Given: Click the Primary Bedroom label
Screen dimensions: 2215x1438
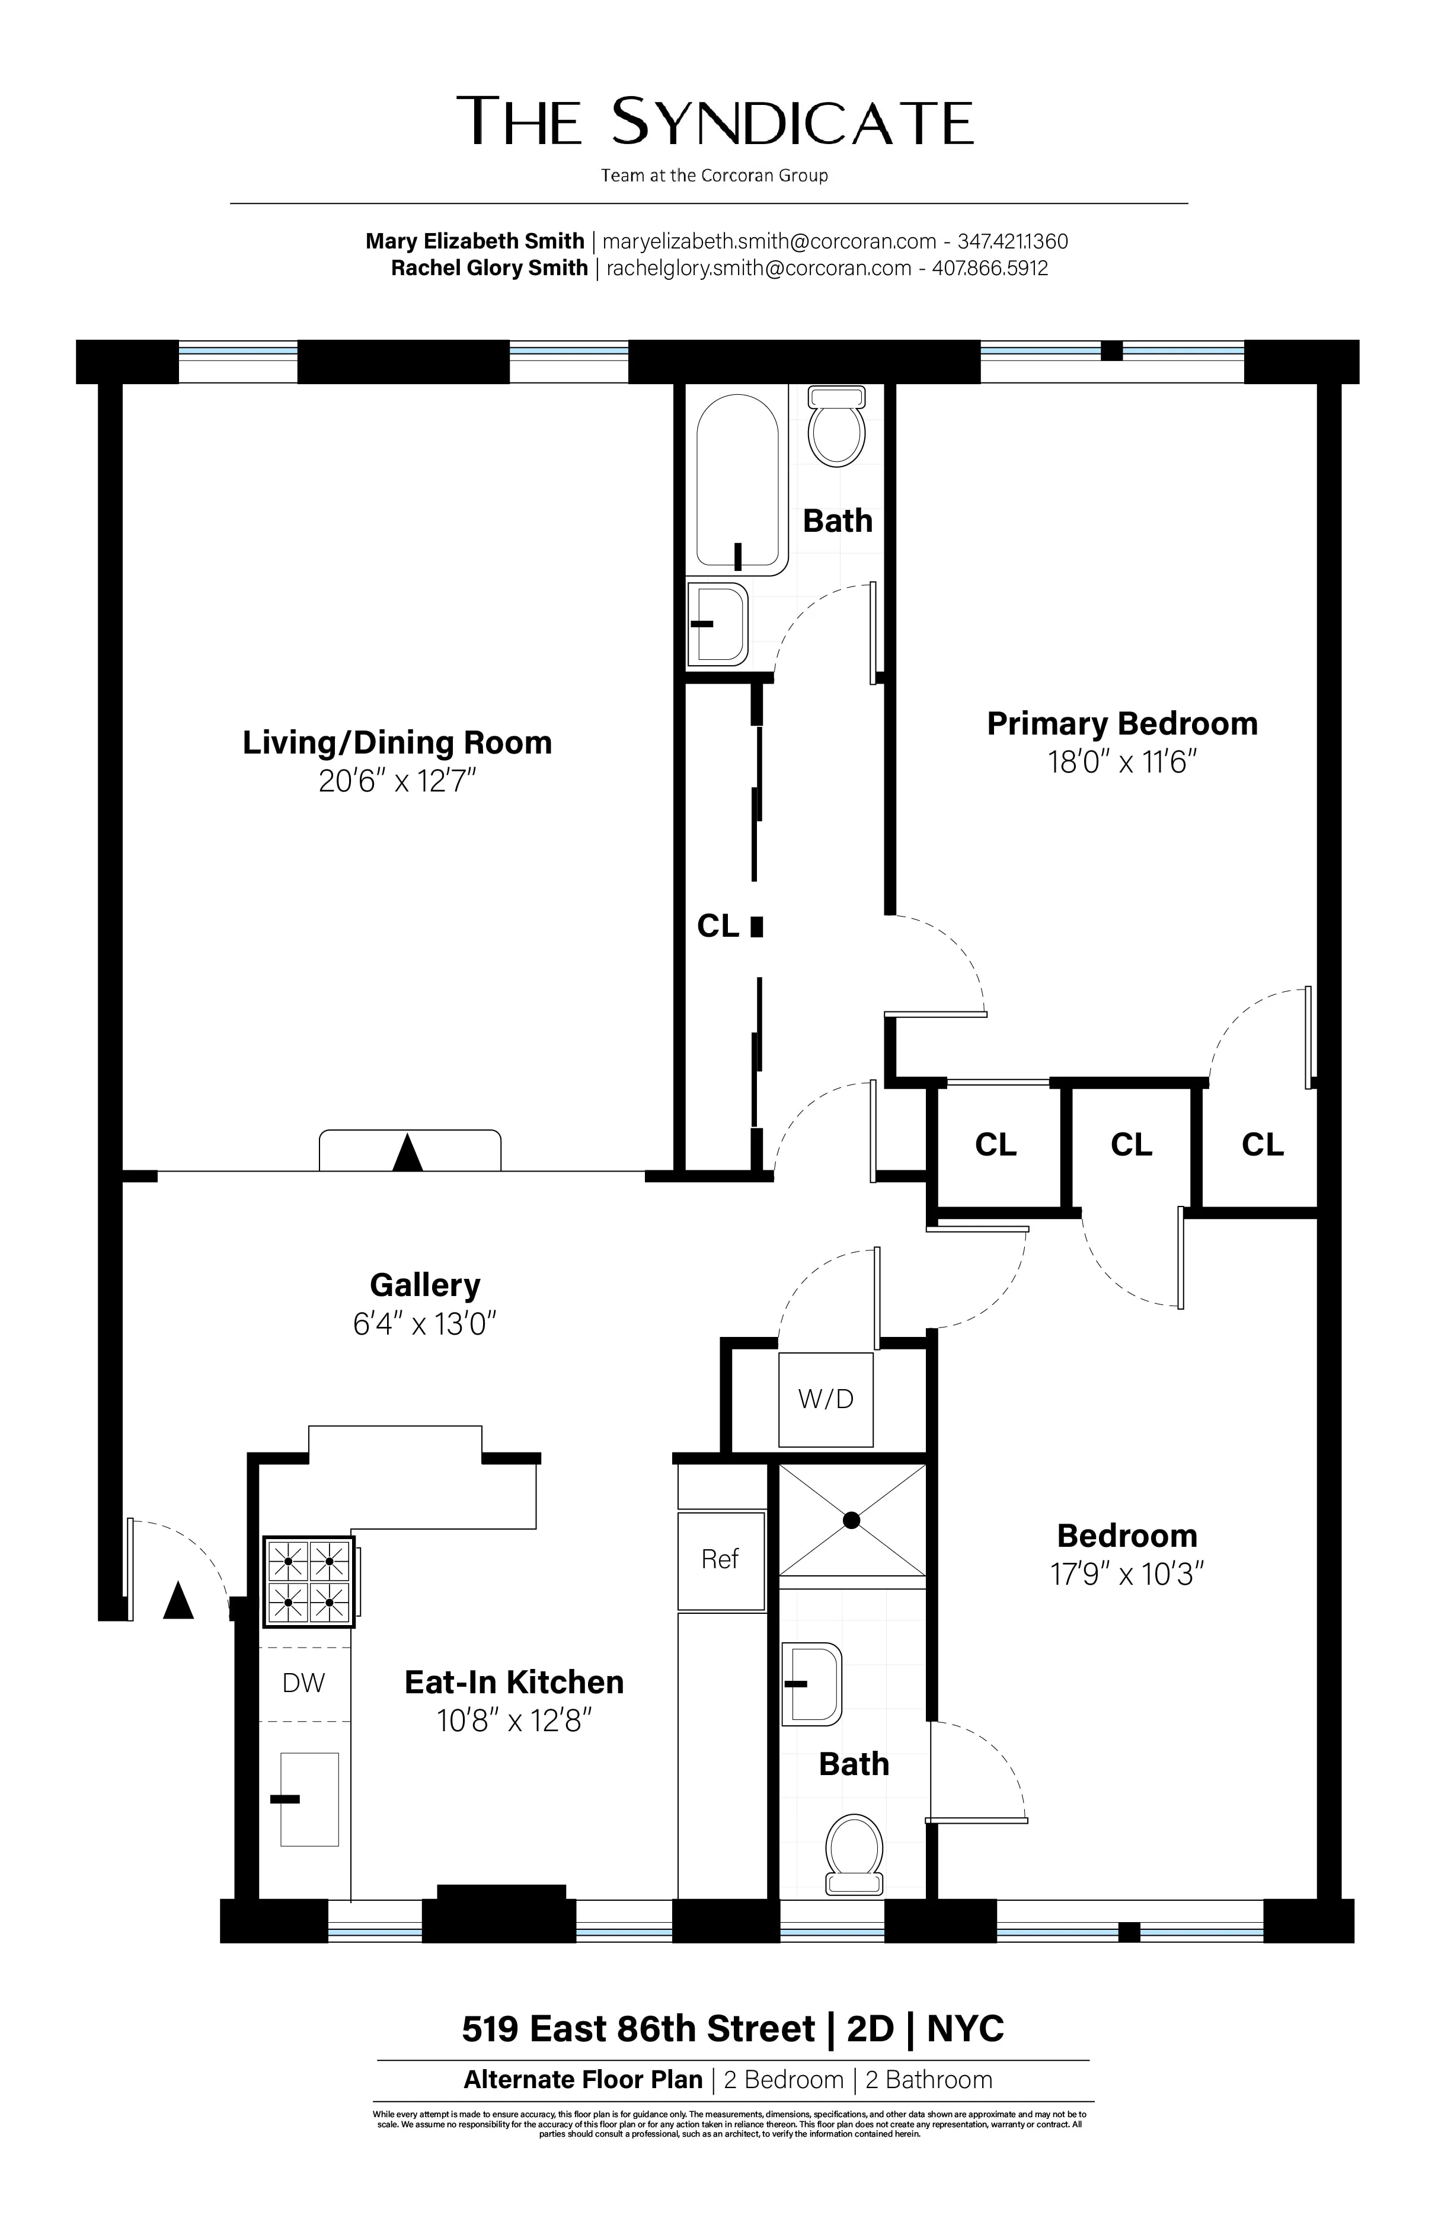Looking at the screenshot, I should click(x=1121, y=723).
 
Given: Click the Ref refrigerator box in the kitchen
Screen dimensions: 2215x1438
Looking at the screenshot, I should click(x=720, y=1559).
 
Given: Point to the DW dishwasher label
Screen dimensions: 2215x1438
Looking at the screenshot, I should click(x=303, y=1683).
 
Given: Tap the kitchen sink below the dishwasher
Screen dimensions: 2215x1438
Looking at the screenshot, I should click(x=310, y=1799).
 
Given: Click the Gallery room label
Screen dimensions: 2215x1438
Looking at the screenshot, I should click(x=424, y=1285).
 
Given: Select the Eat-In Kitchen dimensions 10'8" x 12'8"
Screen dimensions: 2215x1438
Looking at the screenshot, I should click(x=515, y=1721).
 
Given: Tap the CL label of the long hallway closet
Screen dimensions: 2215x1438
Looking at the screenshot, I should click(x=718, y=926).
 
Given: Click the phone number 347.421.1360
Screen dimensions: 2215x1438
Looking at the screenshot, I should click(x=1012, y=242).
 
